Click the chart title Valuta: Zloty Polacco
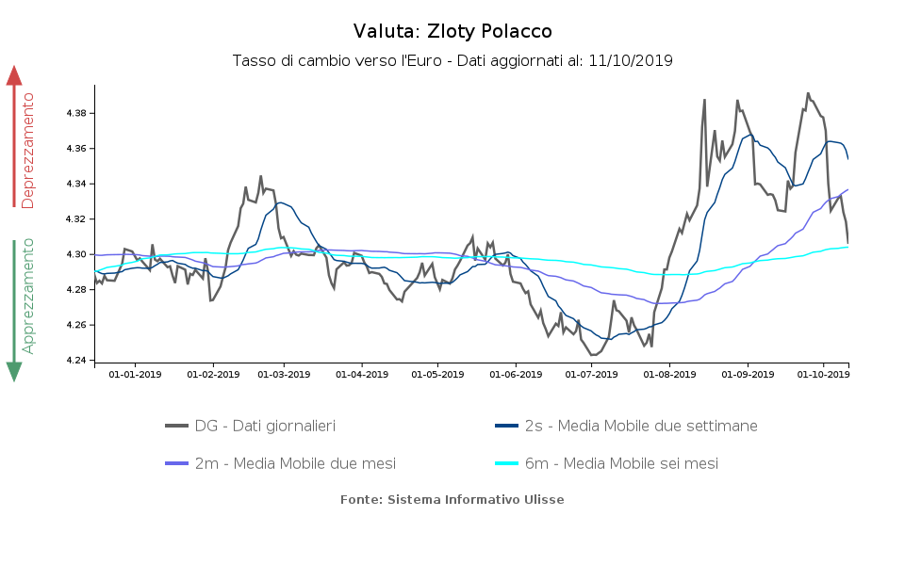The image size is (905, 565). pyautogui.click(x=452, y=32)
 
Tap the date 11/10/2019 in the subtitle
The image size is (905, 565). pyautogui.click(x=630, y=60)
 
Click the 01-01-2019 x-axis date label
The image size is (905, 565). pyautogui.click(x=135, y=374)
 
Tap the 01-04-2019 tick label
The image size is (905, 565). pyautogui.click(x=362, y=374)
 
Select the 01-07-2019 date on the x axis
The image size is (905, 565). pyautogui.click(x=591, y=374)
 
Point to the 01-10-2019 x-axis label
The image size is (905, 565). pyautogui.click(x=823, y=374)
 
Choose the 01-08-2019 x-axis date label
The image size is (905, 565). pyautogui.click(x=668, y=374)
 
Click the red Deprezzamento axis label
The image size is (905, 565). pyautogui.click(x=28, y=151)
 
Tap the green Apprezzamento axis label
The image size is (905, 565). pyautogui.click(x=28, y=296)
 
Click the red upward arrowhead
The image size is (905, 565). pyautogui.click(x=14, y=75)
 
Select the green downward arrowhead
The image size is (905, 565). pyautogui.click(x=14, y=371)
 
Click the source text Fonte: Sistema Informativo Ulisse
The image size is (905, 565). pyautogui.click(x=452, y=499)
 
